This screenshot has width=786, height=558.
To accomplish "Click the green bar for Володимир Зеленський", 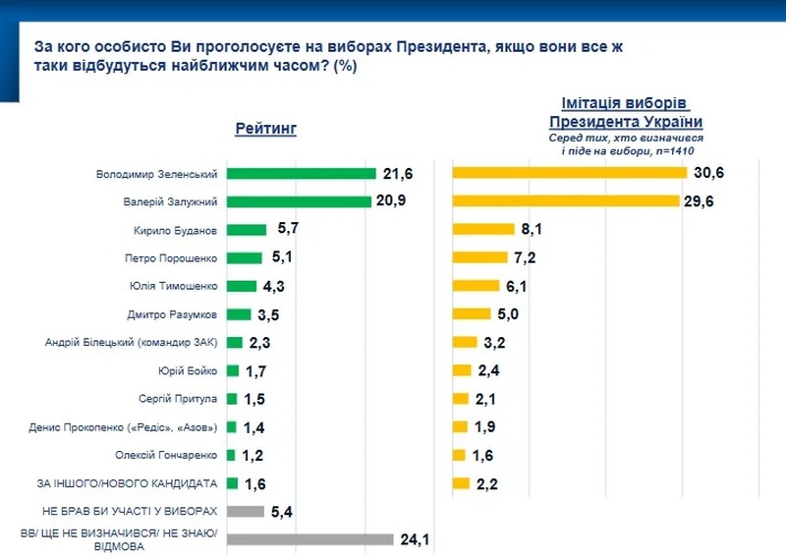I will (x=301, y=174).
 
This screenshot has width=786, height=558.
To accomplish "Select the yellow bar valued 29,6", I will (x=565, y=201).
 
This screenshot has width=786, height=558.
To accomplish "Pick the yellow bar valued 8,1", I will (x=482, y=229).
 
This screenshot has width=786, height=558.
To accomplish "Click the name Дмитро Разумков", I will (x=173, y=314).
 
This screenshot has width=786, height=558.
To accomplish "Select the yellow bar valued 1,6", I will (x=458, y=455).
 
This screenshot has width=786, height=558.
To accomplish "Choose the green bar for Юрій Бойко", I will (x=233, y=370).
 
